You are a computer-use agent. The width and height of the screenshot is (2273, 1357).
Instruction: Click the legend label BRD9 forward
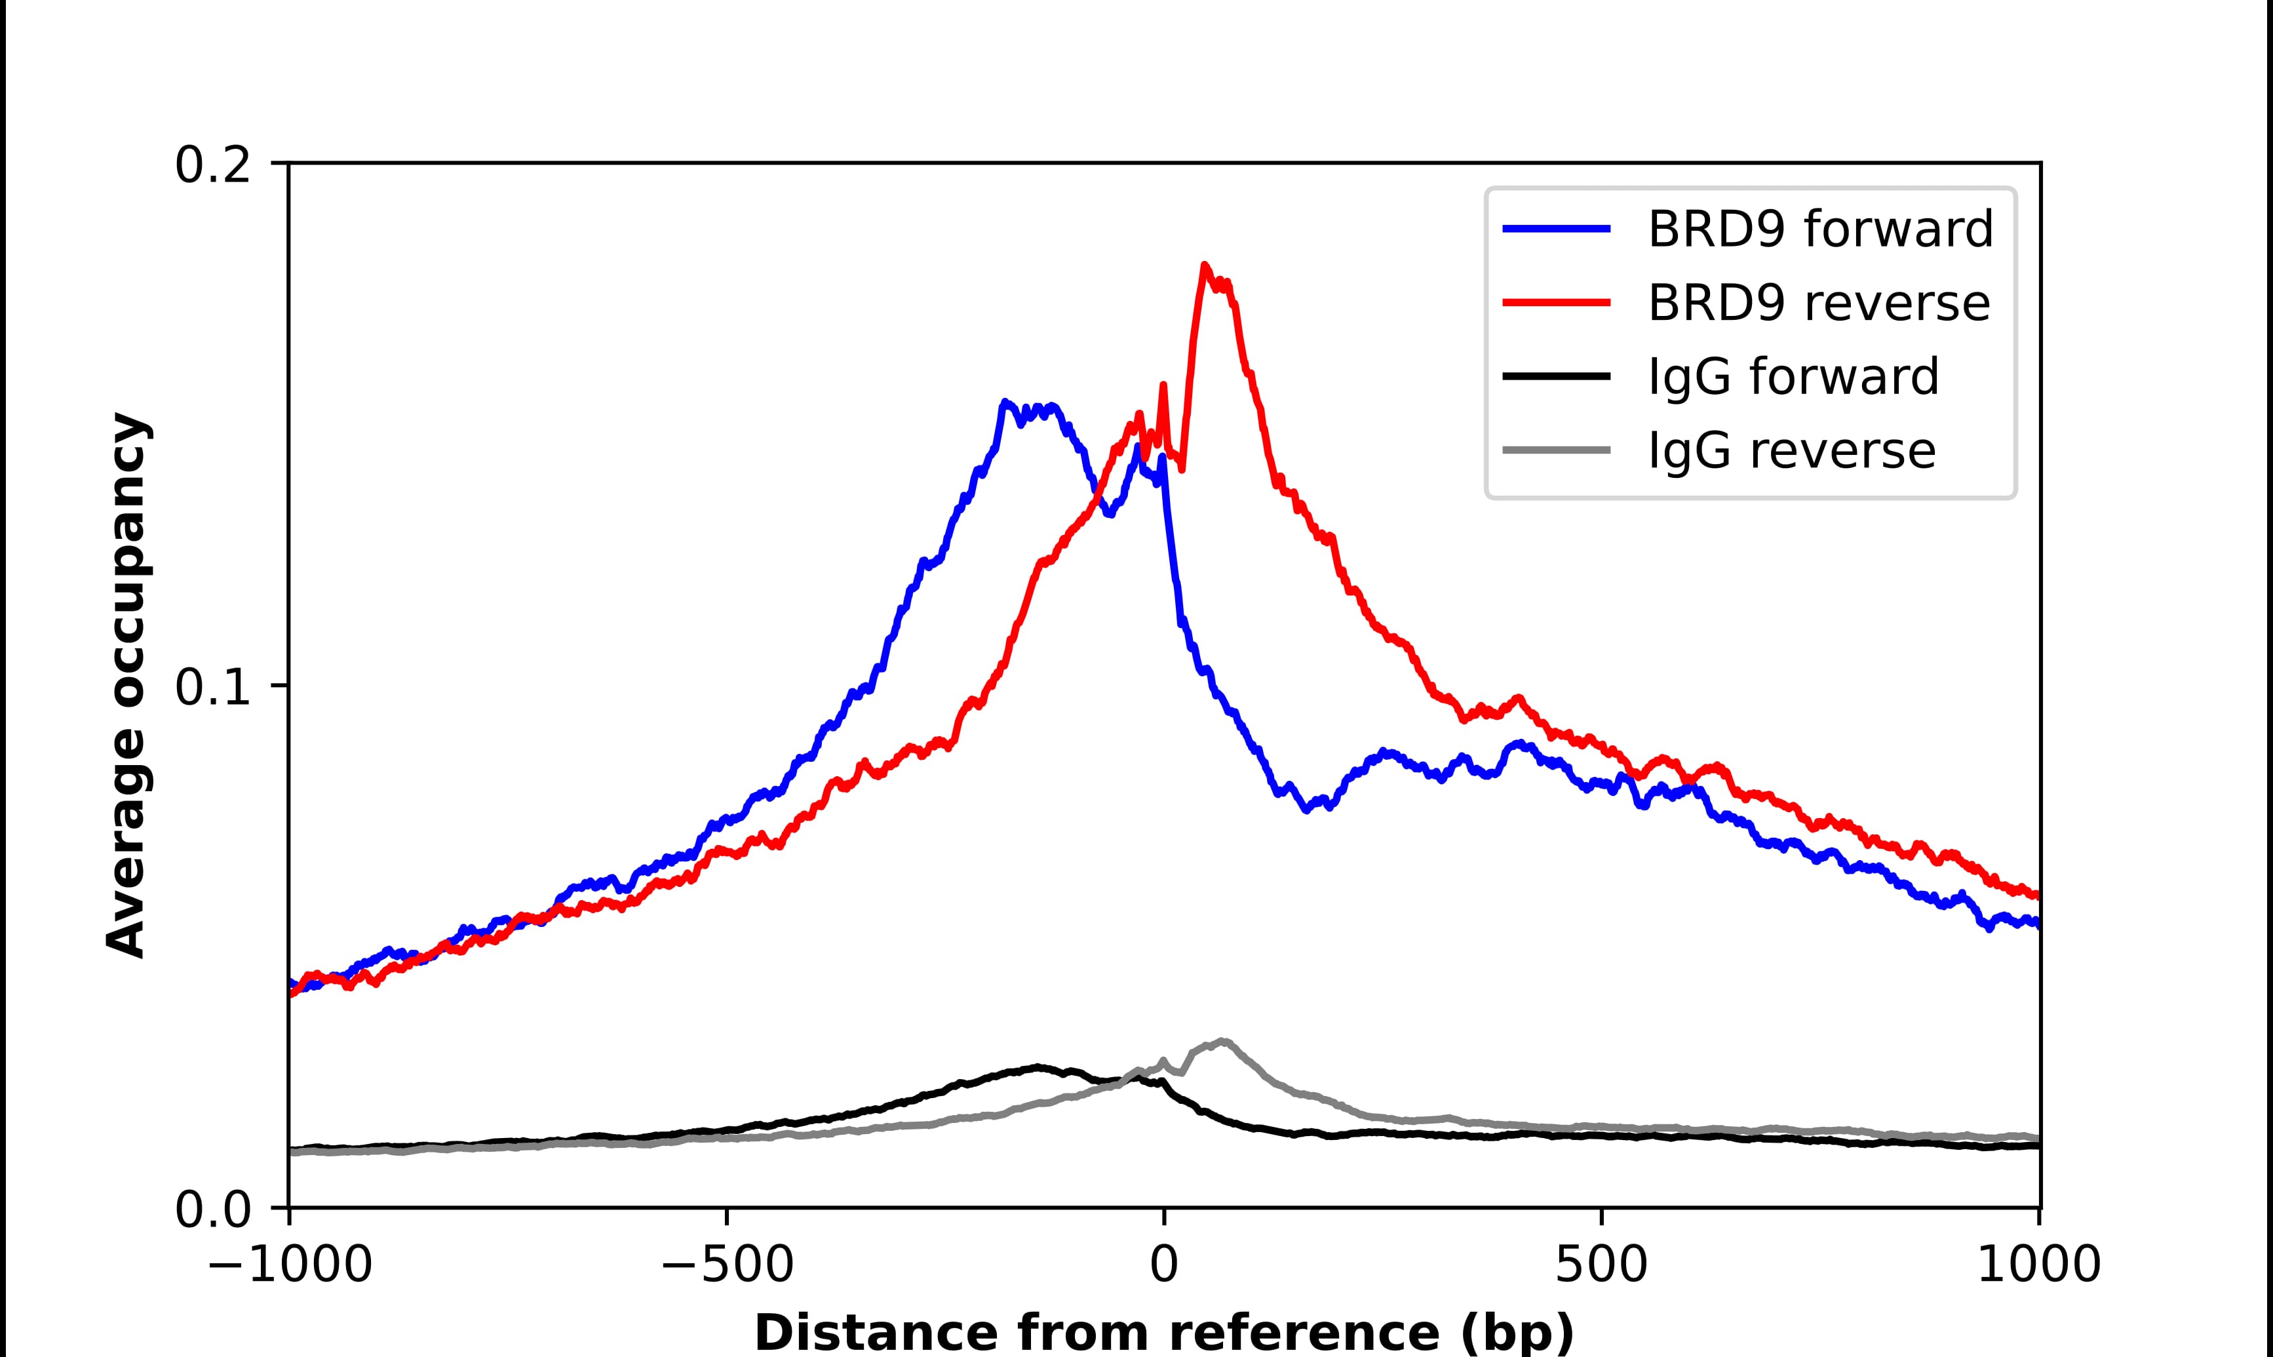(x=1819, y=229)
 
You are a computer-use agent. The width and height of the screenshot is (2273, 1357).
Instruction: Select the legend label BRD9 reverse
(x=1818, y=303)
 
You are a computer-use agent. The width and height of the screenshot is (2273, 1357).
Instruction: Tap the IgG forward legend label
(x=1793, y=377)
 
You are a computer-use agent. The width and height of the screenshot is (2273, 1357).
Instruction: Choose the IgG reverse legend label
(x=1791, y=451)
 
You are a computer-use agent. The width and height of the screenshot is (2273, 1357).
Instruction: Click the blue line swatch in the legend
(x=1557, y=229)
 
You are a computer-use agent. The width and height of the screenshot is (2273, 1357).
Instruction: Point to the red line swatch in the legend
(x=1557, y=303)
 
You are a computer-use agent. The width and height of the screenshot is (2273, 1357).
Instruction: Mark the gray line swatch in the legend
(x=1557, y=450)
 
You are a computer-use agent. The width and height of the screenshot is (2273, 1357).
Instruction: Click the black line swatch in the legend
(x=1557, y=376)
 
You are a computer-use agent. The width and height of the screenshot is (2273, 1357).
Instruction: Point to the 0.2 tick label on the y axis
(x=212, y=165)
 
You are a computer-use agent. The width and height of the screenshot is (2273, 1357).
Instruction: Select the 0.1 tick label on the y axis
(x=212, y=687)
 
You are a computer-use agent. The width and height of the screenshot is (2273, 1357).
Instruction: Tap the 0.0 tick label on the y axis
(x=212, y=1209)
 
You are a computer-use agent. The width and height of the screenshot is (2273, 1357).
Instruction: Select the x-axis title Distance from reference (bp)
(x=1163, y=1332)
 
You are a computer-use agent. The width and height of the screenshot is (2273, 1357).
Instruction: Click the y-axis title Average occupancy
(x=127, y=685)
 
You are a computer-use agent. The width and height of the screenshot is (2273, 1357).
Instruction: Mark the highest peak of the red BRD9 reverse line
(x=1205, y=265)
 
